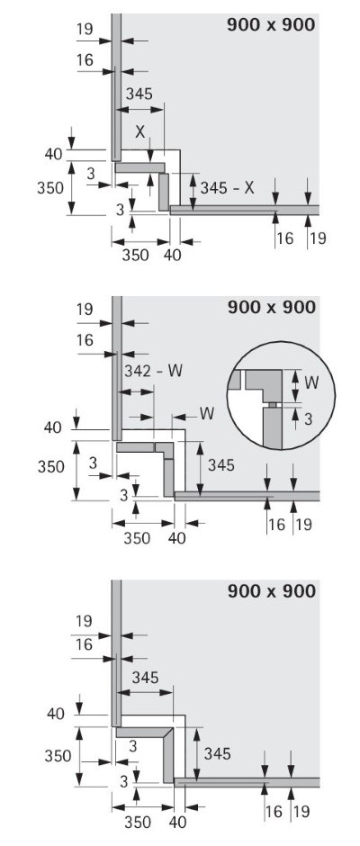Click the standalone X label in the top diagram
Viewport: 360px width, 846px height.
coord(139,131)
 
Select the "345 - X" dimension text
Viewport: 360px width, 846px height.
coord(227,188)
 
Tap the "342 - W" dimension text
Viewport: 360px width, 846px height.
coord(153,371)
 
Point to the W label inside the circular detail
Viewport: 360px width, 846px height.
coord(310,382)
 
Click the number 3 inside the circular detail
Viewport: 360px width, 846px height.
coord(308,418)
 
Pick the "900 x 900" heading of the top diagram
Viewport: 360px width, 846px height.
coord(271,24)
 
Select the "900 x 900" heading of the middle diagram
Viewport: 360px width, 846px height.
coord(271,307)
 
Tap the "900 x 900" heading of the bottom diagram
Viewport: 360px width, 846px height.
coord(271,590)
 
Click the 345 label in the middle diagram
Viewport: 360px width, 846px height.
coord(221,464)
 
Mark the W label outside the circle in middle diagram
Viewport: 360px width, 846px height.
coord(207,414)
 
